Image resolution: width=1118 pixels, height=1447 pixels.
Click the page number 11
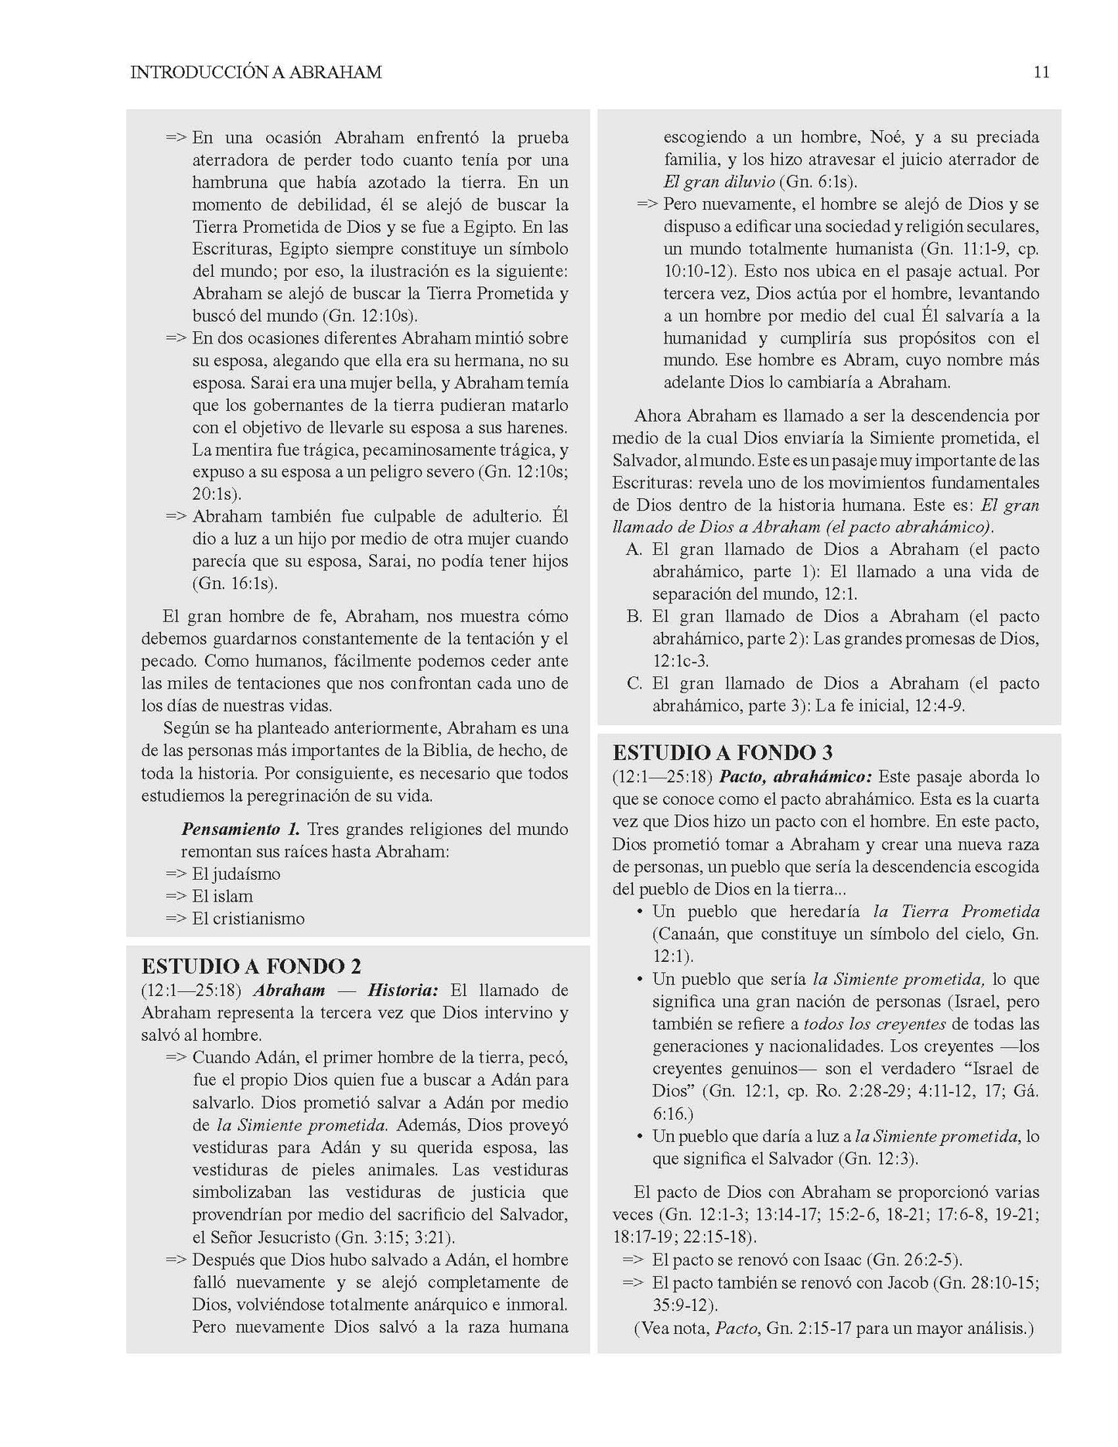(1041, 73)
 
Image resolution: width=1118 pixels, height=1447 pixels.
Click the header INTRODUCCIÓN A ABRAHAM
(256, 73)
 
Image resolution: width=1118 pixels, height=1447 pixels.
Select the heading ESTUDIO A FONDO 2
(251, 966)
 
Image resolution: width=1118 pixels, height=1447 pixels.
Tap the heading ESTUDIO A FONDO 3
(723, 752)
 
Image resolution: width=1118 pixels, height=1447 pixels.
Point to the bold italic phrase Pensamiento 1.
(241, 830)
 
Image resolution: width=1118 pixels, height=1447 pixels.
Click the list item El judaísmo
(236, 874)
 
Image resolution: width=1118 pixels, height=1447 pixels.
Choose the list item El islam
(222, 897)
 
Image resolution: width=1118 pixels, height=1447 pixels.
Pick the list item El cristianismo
(248, 919)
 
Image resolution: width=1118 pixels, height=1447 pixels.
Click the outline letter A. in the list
(634, 550)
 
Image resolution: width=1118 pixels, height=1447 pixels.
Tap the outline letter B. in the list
(634, 617)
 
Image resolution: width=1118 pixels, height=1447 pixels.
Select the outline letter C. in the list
(634, 684)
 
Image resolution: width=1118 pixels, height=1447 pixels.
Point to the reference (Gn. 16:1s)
(234, 583)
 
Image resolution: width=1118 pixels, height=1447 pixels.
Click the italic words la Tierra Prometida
(956, 912)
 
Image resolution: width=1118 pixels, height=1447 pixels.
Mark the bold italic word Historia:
(403, 990)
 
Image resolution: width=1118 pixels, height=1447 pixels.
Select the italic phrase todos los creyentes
(874, 1024)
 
